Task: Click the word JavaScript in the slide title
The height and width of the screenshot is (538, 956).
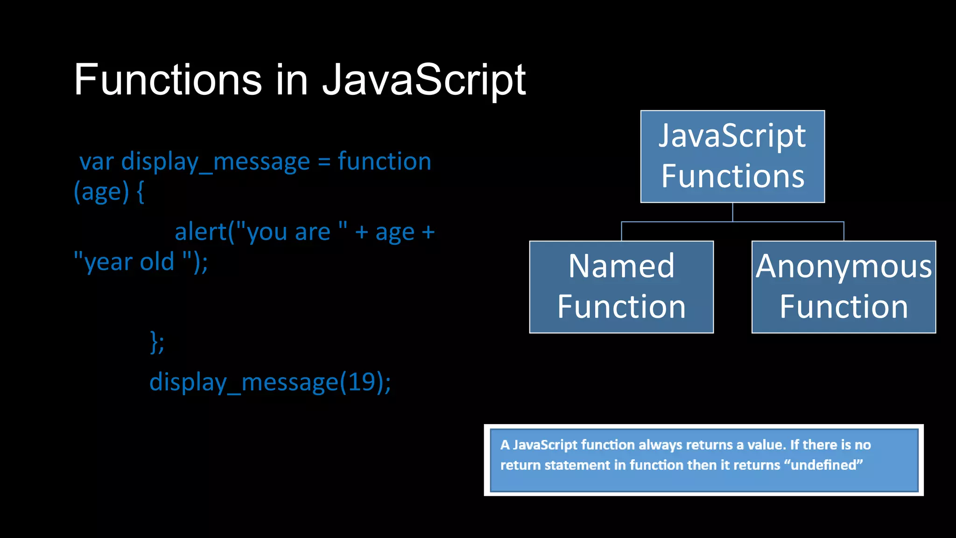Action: pos(424,80)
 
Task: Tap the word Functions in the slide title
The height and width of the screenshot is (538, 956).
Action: pos(168,80)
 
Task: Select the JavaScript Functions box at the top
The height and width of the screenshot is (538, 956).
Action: pos(732,156)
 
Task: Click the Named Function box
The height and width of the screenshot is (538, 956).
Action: pos(621,287)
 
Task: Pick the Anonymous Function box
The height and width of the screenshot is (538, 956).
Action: pos(844,287)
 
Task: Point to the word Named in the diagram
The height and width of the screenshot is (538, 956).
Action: pos(621,266)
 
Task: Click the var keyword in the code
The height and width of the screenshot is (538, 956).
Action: pos(97,162)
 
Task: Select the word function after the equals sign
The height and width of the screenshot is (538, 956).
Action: pos(384,161)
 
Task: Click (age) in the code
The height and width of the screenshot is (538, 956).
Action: pos(101,191)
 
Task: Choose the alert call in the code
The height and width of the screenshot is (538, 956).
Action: pos(201,232)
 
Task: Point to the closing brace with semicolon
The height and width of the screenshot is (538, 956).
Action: pos(157,342)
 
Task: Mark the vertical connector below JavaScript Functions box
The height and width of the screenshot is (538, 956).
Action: pos(732,212)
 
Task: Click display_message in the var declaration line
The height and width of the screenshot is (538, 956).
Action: pos(215,162)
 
